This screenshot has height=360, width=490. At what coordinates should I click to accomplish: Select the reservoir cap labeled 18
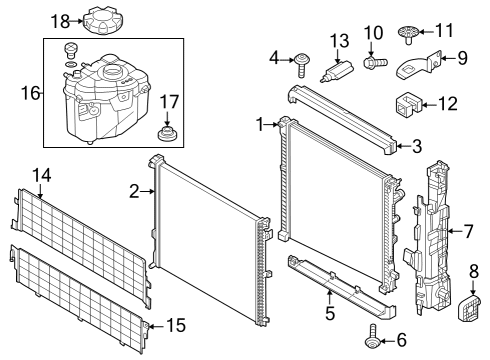coord(103,20)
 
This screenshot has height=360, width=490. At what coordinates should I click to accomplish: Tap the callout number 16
coord(27,93)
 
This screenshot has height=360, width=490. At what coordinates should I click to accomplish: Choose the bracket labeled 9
coord(414,67)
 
